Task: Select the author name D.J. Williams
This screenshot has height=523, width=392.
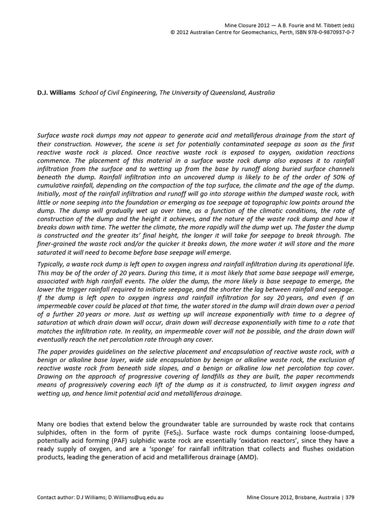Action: [x=57, y=93]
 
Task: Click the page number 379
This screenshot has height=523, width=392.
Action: [x=350, y=497]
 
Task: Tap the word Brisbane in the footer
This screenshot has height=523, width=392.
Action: [x=295, y=497]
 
